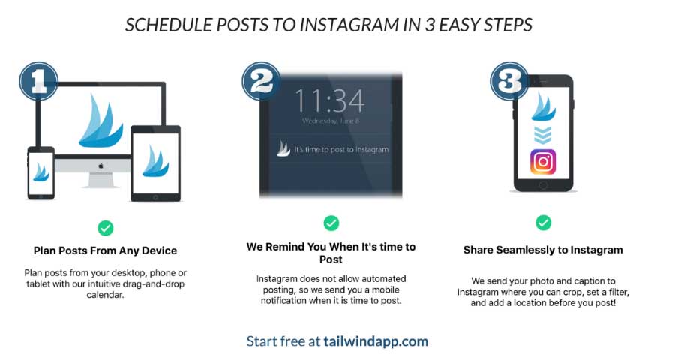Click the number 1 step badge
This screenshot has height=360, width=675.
click(39, 81)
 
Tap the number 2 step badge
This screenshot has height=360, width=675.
click(261, 81)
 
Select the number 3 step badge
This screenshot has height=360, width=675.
click(510, 81)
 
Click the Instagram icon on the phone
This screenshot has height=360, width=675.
click(543, 162)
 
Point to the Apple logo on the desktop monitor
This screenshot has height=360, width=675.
click(101, 166)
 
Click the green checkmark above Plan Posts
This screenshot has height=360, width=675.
click(106, 228)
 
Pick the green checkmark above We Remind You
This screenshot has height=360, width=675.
click(331, 223)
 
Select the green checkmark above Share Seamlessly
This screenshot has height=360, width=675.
click(543, 223)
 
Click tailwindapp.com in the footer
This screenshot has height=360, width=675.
click(376, 341)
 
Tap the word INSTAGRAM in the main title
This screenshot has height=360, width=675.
click(349, 25)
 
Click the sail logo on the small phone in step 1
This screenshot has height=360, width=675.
click(41, 172)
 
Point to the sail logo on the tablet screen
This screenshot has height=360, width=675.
click(155, 161)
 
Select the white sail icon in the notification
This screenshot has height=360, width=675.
click(283, 148)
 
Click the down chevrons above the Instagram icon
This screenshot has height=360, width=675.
click(543, 135)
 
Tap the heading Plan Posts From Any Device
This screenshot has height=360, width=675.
click(106, 250)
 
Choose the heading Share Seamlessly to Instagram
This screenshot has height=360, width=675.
click(543, 250)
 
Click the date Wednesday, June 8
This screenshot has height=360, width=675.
click(331, 121)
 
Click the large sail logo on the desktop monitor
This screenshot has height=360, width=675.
click(100, 121)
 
